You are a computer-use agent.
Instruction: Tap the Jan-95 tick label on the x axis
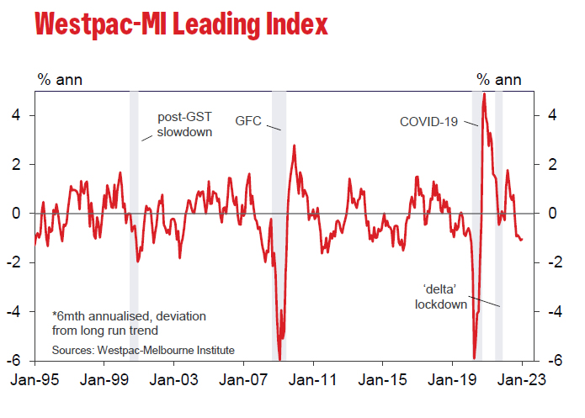pyautogui.click(x=35, y=379)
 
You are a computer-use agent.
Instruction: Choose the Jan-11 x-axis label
pyautogui.click(x=313, y=379)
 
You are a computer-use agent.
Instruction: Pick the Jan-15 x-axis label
pyautogui.click(x=383, y=379)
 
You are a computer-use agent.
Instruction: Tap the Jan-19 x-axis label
pyautogui.click(x=452, y=379)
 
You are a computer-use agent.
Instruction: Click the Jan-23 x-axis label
pyautogui.click(x=522, y=379)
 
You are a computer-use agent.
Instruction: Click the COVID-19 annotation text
pyautogui.click(x=428, y=122)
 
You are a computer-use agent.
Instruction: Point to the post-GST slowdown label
pyautogui.click(x=185, y=124)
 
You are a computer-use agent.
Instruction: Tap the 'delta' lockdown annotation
pyautogui.click(x=441, y=297)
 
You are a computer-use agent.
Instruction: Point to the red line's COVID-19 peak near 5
pyautogui.click(x=484, y=94)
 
